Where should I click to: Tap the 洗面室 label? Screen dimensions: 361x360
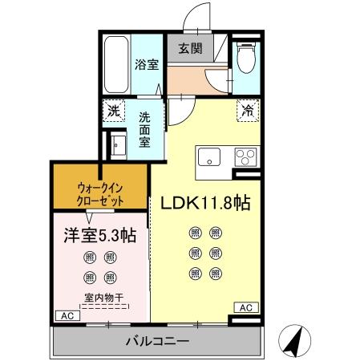point(144,128)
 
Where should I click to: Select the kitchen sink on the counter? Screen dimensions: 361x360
point(210,157)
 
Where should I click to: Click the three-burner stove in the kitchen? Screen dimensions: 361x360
point(245,156)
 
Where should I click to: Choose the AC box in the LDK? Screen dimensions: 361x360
point(245,306)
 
